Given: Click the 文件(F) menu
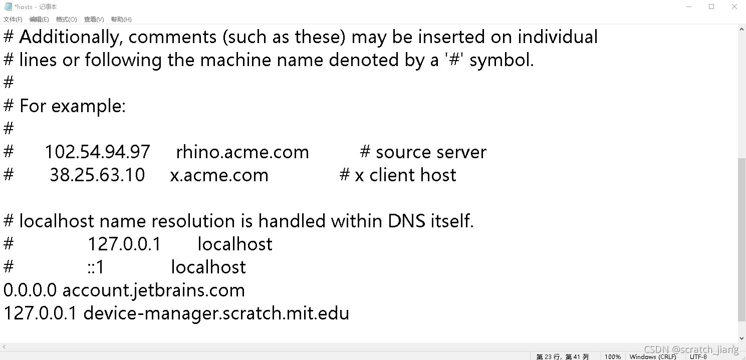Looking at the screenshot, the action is click(13, 20).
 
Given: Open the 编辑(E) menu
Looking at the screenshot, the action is click(39, 20).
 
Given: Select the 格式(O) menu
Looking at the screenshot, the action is click(66, 20).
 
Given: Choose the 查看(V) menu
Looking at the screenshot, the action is click(94, 20).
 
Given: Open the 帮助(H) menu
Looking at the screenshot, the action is click(121, 20).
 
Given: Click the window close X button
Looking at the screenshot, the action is click(734, 7).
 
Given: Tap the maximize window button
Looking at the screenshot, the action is click(711, 7).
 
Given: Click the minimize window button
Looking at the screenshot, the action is click(688, 7).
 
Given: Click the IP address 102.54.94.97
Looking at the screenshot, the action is click(97, 152).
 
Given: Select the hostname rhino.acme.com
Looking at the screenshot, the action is click(242, 152).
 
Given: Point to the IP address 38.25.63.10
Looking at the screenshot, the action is click(97, 175).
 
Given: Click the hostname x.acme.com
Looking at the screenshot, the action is click(219, 175).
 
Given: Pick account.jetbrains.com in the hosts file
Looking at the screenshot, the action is click(153, 290).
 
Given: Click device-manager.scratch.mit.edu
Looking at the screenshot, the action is click(216, 313).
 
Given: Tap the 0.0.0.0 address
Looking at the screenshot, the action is click(30, 290).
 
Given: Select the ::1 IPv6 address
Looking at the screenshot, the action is click(95, 267).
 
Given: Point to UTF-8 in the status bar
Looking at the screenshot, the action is click(698, 356).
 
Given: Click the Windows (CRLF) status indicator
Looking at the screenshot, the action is click(653, 356).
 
